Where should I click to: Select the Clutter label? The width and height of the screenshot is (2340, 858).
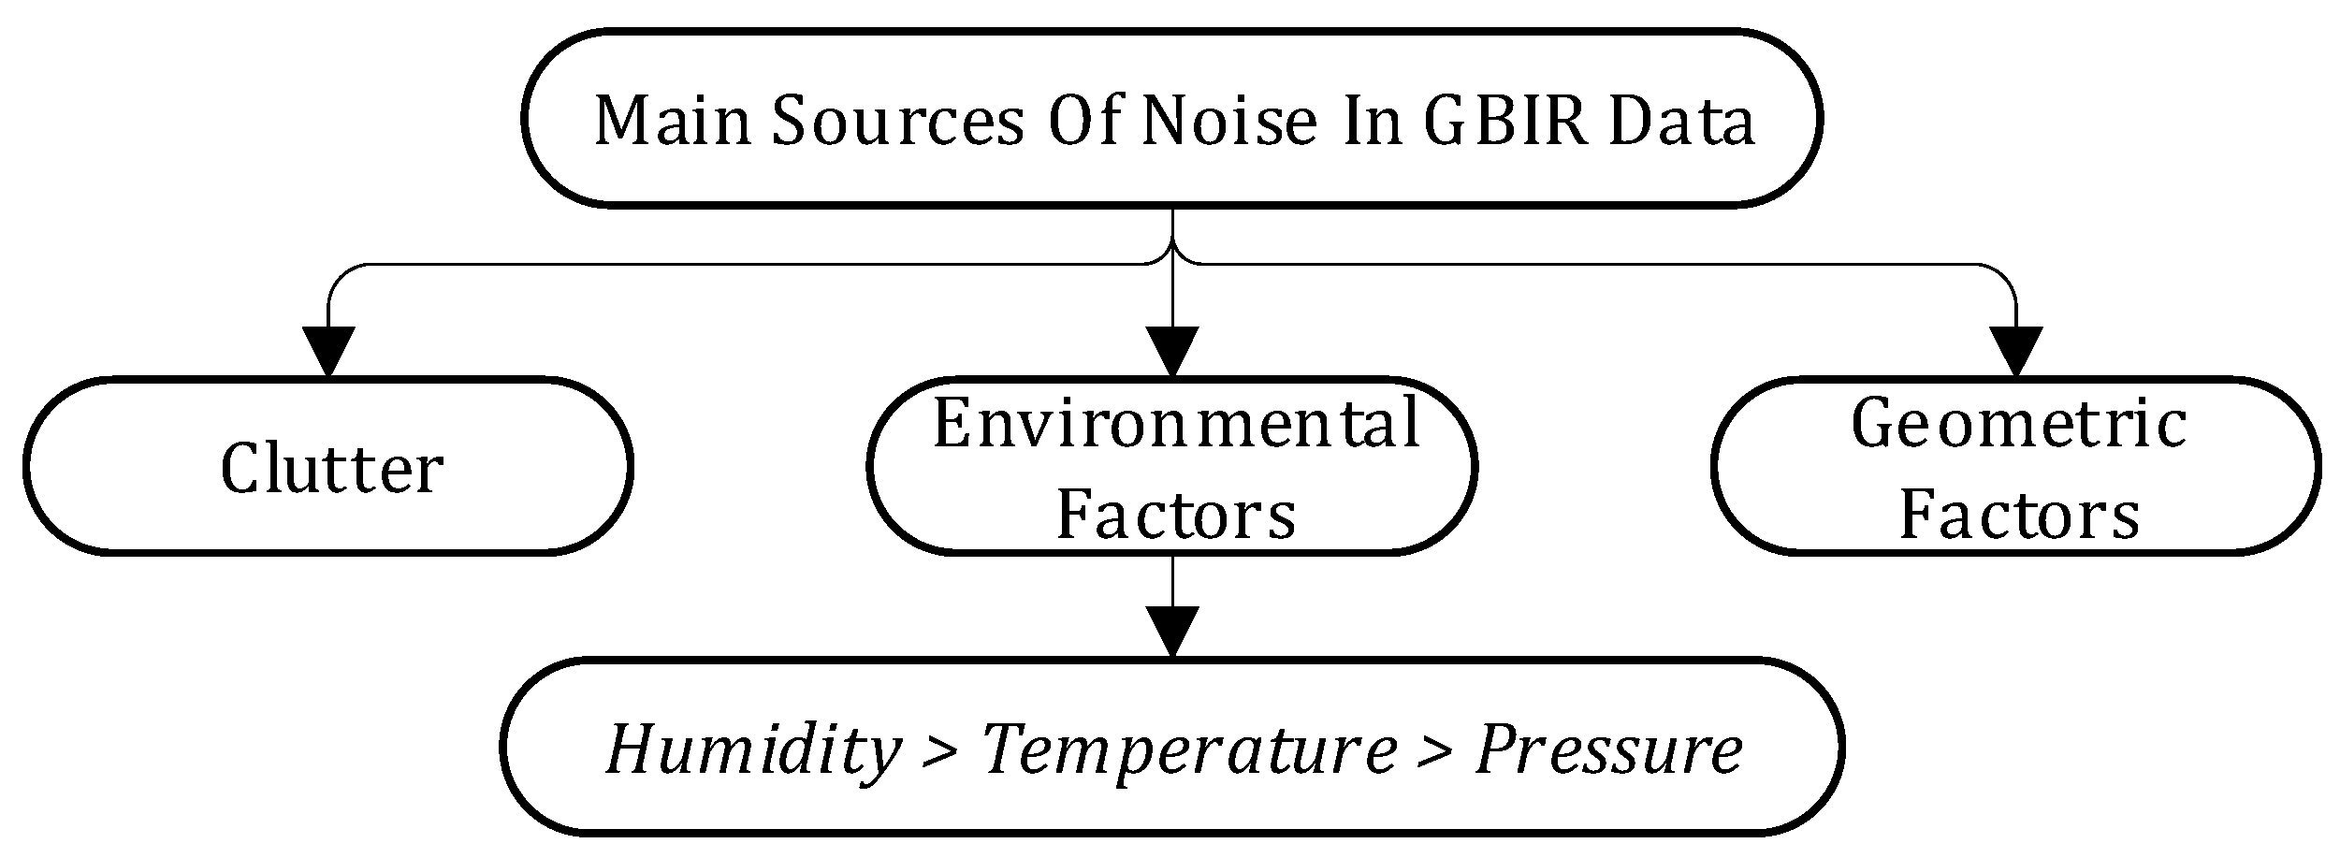(x=331, y=469)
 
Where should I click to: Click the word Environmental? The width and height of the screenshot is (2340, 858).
(x=1176, y=424)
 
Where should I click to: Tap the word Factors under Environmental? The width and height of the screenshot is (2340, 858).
(x=1176, y=515)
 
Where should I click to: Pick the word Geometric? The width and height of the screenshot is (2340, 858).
(x=2019, y=424)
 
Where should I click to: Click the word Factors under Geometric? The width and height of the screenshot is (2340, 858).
(x=2019, y=515)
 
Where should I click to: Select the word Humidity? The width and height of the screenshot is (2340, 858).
(x=751, y=749)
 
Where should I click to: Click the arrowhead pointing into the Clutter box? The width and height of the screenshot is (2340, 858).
(x=328, y=352)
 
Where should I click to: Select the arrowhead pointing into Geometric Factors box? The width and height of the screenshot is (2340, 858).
(x=2015, y=352)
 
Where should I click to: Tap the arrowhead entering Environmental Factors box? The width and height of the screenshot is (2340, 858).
(x=1172, y=352)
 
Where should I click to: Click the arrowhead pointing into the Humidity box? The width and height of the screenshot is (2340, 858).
(x=1172, y=632)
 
